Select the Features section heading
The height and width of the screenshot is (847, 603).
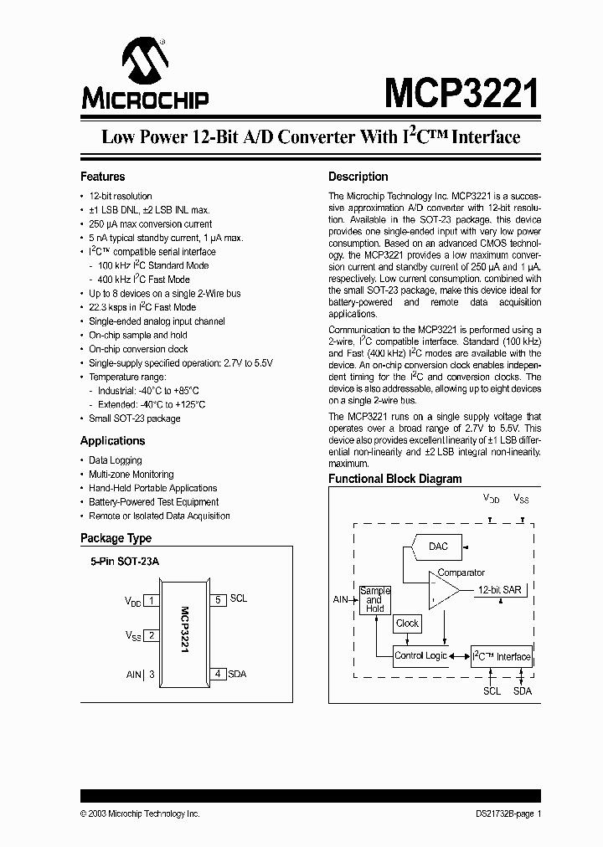tap(102, 177)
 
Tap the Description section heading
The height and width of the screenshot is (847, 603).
tap(358, 177)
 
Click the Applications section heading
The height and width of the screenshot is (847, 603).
tap(112, 441)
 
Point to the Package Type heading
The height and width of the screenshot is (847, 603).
tap(116, 538)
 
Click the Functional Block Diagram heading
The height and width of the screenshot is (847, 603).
tap(394, 479)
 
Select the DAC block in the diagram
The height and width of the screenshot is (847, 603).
tap(437, 547)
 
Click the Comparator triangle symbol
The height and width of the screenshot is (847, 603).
tap(443, 592)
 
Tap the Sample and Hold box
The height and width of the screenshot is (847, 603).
tap(374, 599)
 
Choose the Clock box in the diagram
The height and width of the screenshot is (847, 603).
tap(407, 623)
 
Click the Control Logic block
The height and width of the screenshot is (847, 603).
tap(420, 655)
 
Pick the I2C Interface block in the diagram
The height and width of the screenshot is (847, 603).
tap(501, 656)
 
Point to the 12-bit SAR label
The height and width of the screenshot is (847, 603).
tap(499, 589)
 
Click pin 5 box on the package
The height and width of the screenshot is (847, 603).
tap(218, 599)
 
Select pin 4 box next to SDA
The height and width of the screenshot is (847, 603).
tap(218, 674)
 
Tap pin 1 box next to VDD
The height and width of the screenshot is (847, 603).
tap(152, 600)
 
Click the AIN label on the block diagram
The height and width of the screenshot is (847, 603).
tap(340, 599)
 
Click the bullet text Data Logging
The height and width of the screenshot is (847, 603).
tap(116, 460)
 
